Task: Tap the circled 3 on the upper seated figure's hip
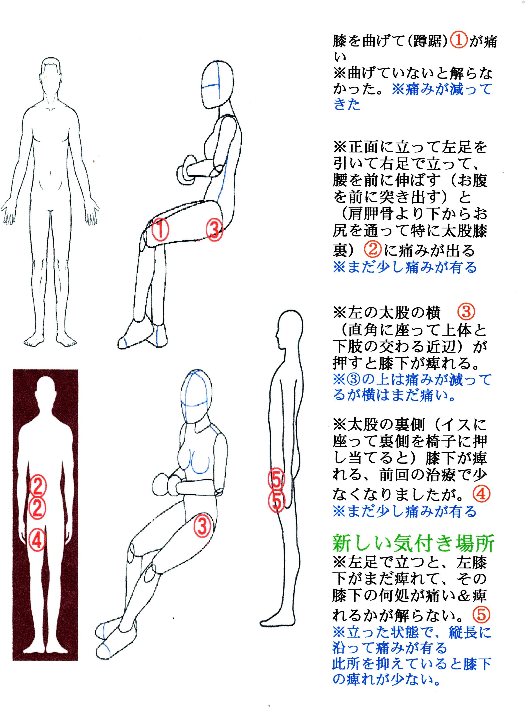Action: (x=214, y=229)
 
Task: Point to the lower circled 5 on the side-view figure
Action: (x=276, y=502)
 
